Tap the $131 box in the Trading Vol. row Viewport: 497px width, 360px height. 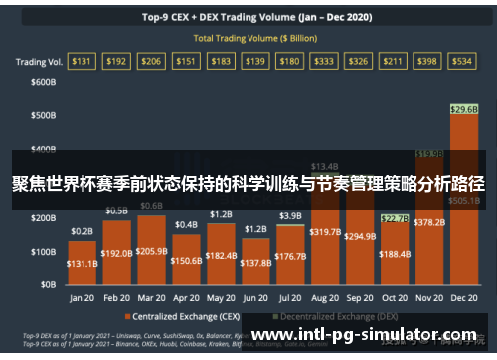(82, 61)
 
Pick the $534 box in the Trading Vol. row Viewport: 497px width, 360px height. (463, 61)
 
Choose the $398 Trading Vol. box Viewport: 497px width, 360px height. (428, 61)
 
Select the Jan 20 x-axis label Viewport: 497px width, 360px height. (83, 297)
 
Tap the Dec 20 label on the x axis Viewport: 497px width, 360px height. (463, 297)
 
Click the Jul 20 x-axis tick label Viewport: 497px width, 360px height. (290, 297)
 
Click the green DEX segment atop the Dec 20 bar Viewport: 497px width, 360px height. (463, 108)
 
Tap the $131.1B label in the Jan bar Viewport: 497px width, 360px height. (83, 265)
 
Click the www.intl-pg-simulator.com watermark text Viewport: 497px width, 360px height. (369, 338)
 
